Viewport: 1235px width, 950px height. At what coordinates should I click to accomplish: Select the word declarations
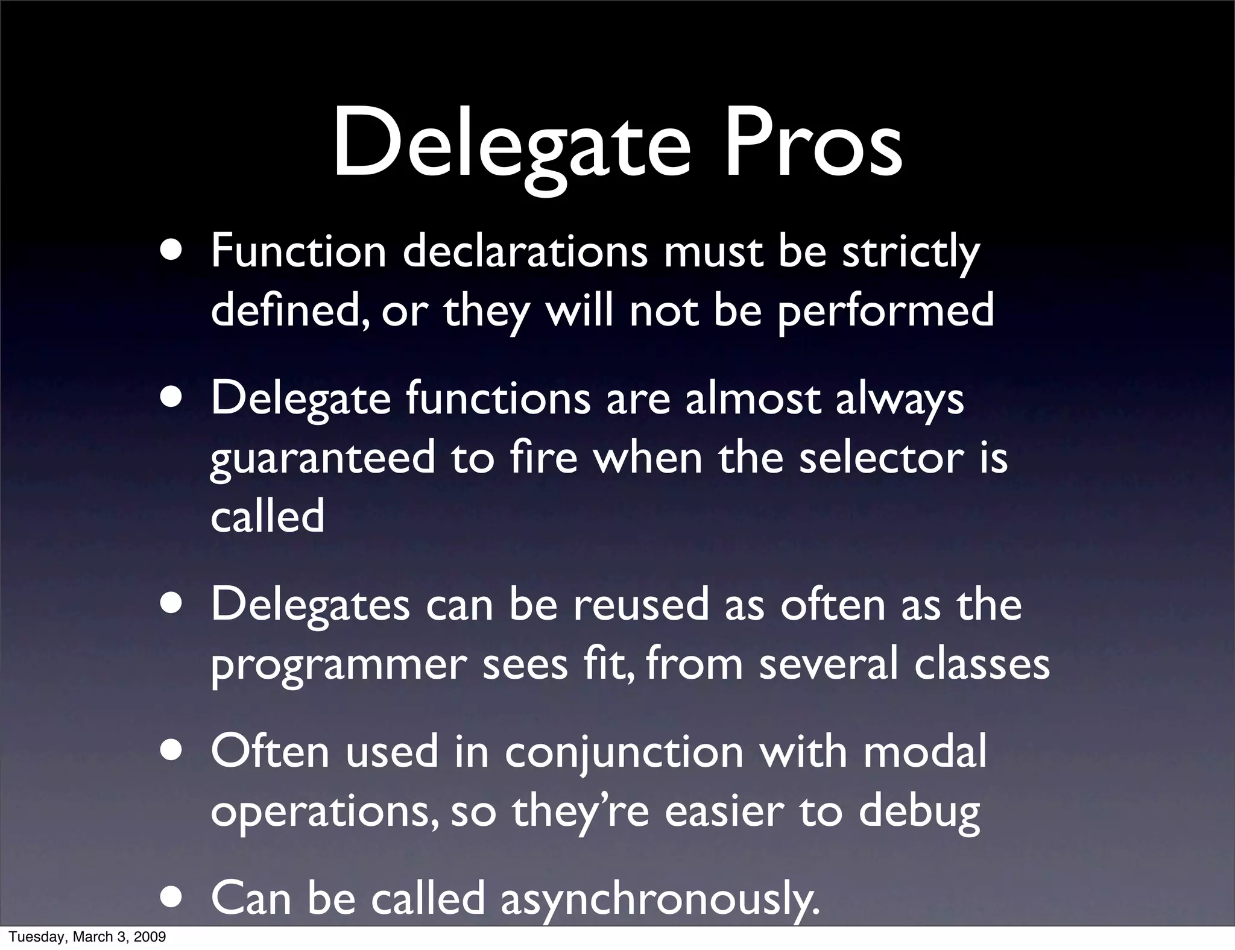(x=525, y=251)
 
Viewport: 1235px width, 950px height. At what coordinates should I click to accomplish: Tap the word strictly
(x=911, y=253)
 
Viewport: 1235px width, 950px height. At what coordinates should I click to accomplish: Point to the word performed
(x=885, y=311)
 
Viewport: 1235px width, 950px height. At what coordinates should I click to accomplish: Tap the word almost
(x=753, y=398)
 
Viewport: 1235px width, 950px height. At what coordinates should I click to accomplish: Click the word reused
(x=640, y=605)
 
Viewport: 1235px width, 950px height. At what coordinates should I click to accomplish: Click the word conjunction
(x=624, y=752)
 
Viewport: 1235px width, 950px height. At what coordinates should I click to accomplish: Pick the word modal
(x=925, y=751)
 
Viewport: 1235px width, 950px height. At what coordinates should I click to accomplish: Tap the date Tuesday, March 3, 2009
(x=87, y=937)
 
